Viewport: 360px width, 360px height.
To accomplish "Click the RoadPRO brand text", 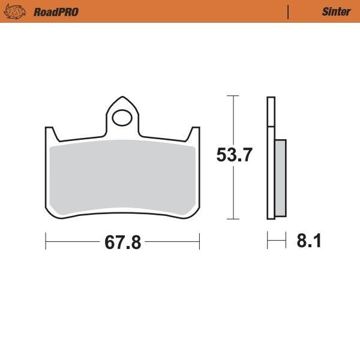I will (x=56, y=11).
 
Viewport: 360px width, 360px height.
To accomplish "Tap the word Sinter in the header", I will (x=336, y=11).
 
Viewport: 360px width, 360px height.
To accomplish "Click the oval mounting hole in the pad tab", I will (x=123, y=117).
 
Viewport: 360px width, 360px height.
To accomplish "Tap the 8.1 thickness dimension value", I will (x=309, y=242).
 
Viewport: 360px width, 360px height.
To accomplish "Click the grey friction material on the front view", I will (x=123, y=177).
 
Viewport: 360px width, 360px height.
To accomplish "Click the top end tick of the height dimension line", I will (x=233, y=95).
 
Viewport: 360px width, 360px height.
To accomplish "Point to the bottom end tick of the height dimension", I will (x=233, y=218).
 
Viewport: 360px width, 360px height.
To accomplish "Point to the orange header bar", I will (x=180, y=11).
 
